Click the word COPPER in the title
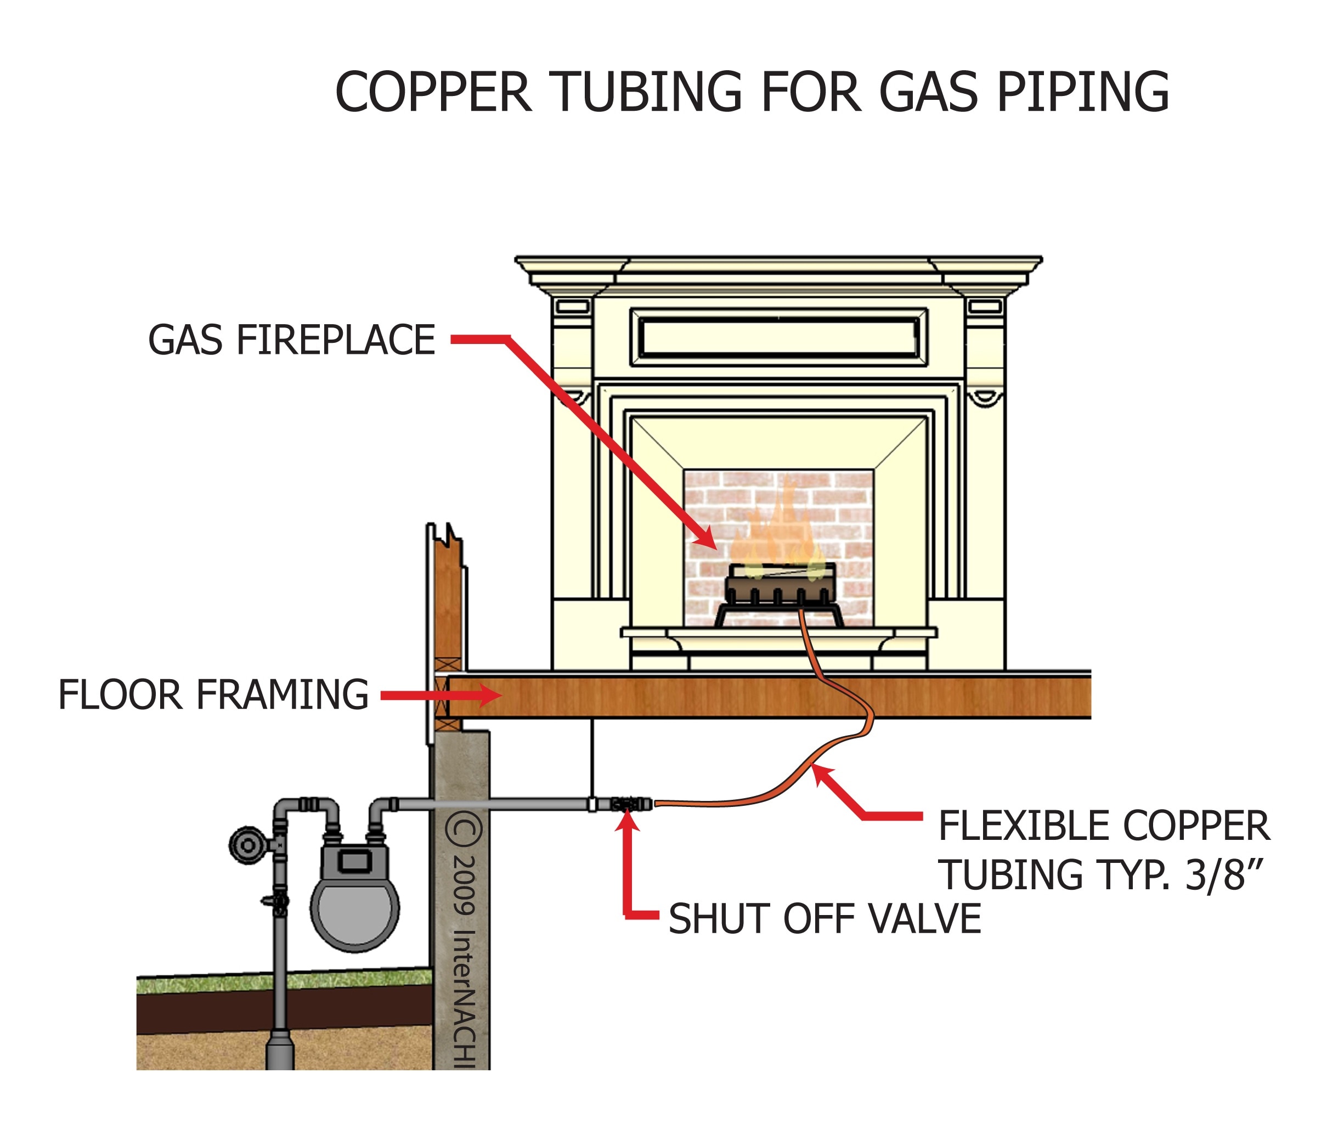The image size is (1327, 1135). [x=433, y=93]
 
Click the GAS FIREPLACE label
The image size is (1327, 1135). [x=291, y=340]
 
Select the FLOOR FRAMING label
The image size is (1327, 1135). [x=213, y=695]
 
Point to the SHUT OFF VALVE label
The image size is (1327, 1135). [x=825, y=919]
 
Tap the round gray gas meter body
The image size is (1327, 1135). [x=354, y=910]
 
